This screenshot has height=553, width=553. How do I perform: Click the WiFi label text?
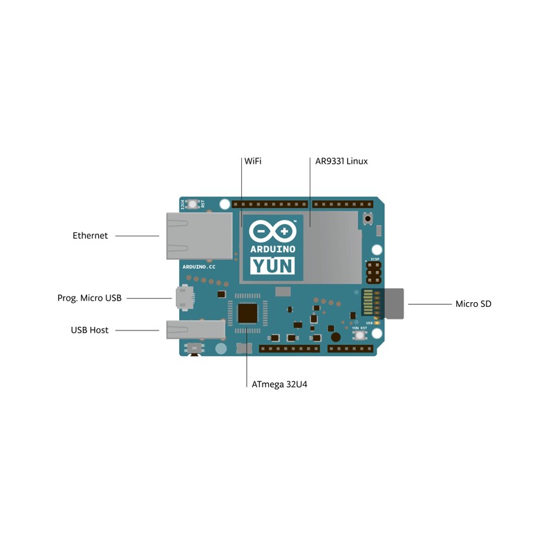coord(252,161)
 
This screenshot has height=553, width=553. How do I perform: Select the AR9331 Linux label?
coord(341,161)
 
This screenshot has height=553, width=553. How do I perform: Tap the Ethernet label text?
coord(91,236)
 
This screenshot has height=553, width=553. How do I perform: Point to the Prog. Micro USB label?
coord(89,298)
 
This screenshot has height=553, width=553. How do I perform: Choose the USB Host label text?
coord(90,330)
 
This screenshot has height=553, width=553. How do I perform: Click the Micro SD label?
coord(473,303)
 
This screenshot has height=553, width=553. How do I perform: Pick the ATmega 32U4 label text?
coord(279,384)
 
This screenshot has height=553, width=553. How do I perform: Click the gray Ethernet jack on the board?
coord(199,236)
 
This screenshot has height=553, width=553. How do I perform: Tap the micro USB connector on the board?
coord(185,297)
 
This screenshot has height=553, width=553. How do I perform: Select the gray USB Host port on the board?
coord(195,329)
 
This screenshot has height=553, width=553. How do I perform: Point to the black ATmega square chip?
coord(248,313)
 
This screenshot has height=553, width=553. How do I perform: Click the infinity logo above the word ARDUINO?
coord(272,232)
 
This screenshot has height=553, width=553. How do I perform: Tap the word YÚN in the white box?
coord(272,265)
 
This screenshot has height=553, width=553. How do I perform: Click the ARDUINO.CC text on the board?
coord(199,266)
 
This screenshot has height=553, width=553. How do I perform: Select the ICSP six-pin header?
coord(374,272)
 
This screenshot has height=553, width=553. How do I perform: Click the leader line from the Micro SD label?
coord(429,303)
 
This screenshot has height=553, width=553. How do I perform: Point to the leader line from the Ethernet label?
coord(137,236)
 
